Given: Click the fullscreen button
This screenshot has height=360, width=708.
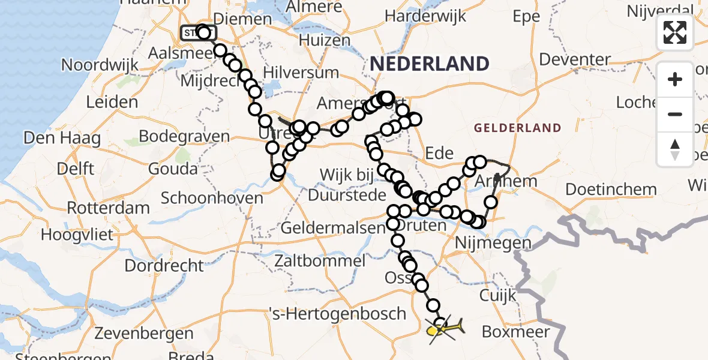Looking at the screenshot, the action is pos(675,32).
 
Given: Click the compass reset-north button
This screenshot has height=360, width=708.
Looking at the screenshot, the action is pos(675,149).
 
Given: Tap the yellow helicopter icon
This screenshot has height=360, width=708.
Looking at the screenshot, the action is pos(447,328).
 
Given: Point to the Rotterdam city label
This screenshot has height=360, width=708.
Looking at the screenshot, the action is pos(109,209).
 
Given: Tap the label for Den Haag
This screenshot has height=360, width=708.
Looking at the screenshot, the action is pos(62,139).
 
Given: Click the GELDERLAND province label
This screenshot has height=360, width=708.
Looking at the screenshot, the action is pos(518,128).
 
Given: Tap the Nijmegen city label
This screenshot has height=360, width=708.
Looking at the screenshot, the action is pos(494,243).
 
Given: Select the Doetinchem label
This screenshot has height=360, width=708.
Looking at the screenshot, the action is pos(611,190).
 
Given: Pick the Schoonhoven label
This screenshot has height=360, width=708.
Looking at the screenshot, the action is pos(212,198).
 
